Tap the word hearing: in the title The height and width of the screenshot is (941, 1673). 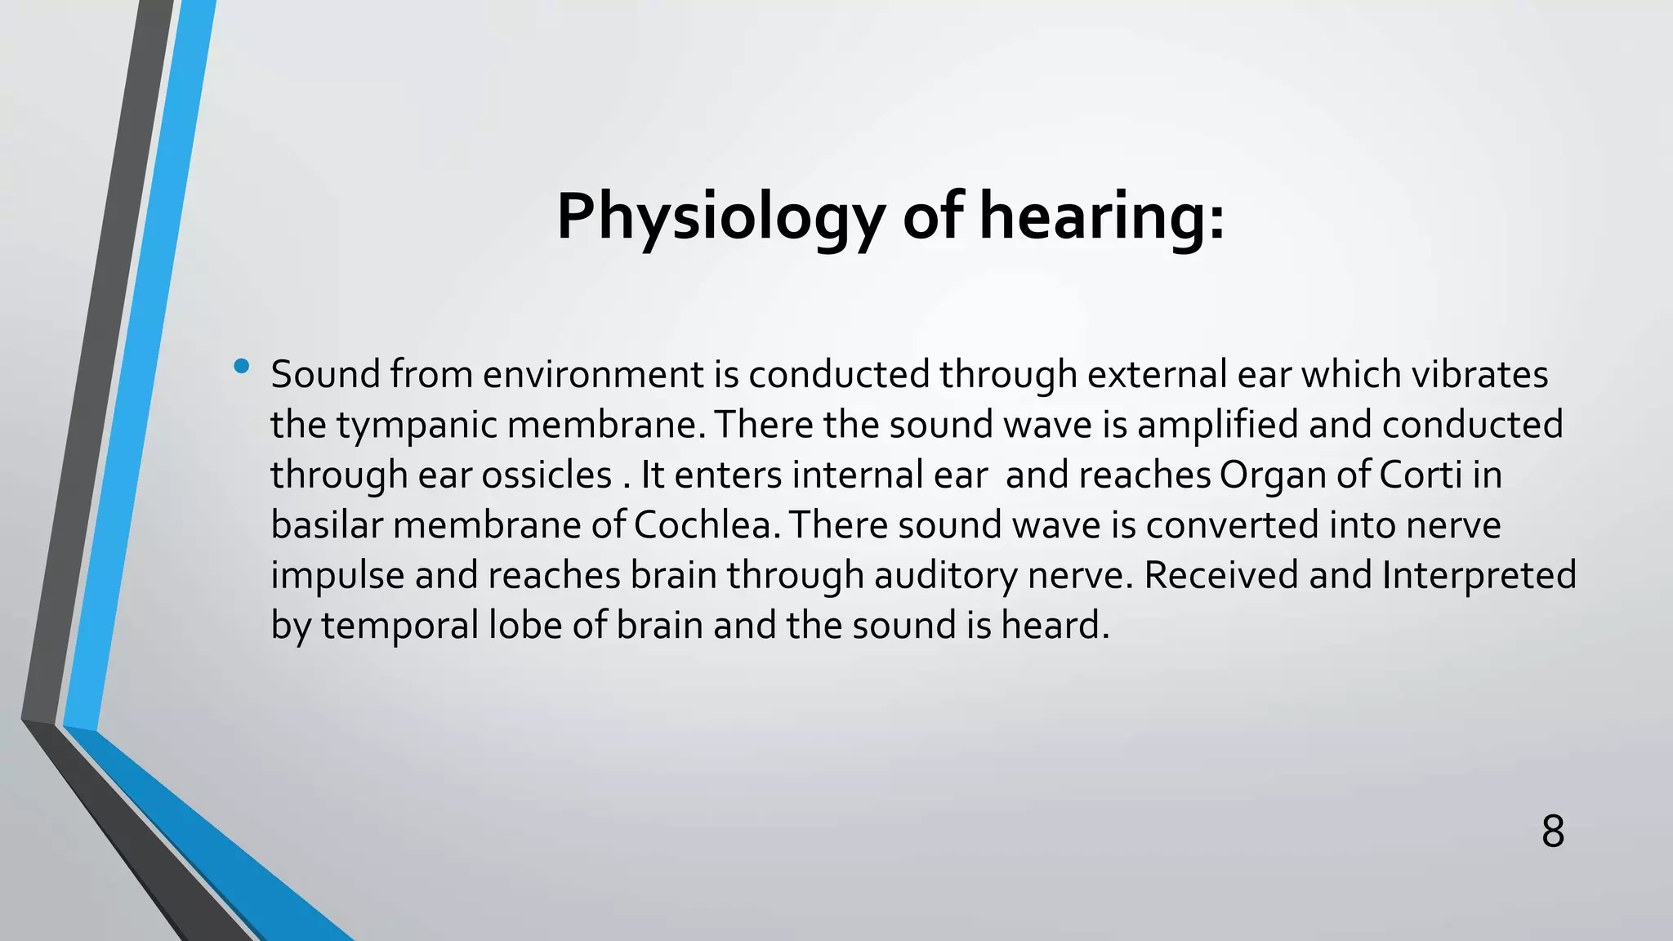click(x=1102, y=218)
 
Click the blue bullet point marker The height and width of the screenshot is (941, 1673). click(x=241, y=367)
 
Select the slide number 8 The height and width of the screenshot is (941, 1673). click(x=1552, y=832)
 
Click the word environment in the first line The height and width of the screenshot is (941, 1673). click(x=593, y=375)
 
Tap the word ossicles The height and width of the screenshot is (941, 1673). click(x=547, y=475)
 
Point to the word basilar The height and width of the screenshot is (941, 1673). click(x=327, y=525)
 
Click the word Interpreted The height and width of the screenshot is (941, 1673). click(x=1479, y=574)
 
